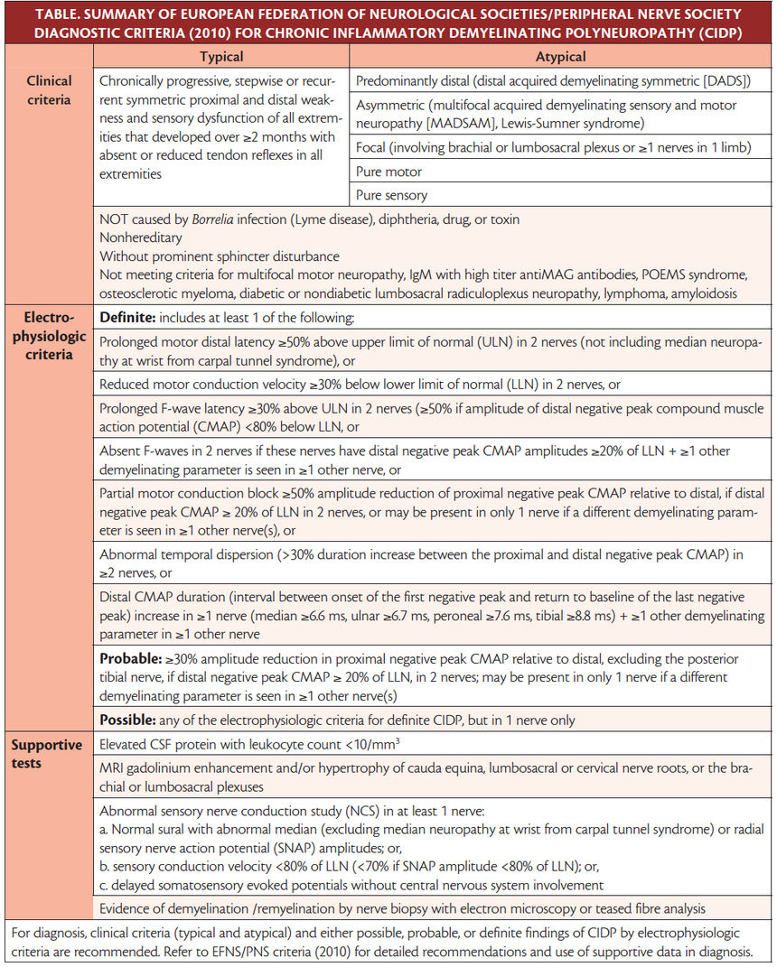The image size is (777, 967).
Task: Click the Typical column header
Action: point(220,56)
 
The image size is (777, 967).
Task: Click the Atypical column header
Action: point(560,56)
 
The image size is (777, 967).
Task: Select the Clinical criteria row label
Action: point(49,89)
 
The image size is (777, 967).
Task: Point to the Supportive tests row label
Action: point(47,754)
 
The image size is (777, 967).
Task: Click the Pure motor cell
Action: point(389,172)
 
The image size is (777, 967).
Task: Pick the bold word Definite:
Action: point(130,317)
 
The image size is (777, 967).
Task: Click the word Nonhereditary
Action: point(142,237)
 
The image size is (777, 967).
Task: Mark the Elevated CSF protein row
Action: point(250,745)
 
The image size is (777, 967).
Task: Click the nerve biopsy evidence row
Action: point(402,907)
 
